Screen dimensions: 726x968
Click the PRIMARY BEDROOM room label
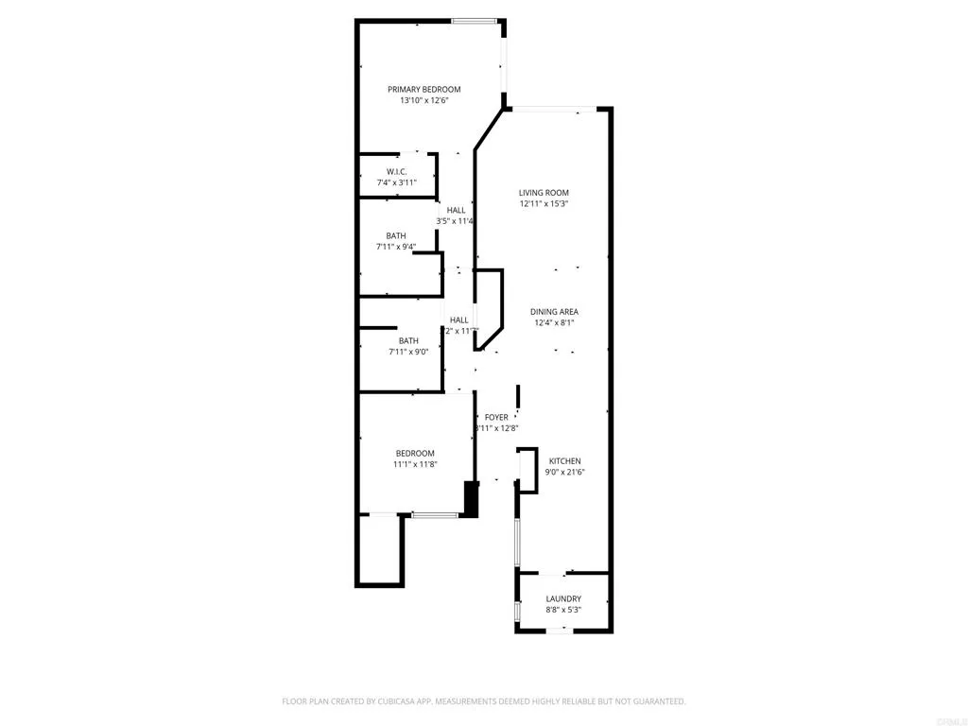point(423,89)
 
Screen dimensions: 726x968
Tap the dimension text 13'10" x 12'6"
point(423,100)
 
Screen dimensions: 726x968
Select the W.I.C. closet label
point(396,171)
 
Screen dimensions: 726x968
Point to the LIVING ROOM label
point(544,192)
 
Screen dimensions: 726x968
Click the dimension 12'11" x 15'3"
point(544,203)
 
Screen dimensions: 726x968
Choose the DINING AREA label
point(554,311)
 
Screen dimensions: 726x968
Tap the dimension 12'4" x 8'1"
point(554,322)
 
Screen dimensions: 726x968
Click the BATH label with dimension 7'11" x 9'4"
point(396,235)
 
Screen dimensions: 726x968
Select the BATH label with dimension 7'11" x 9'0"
point(408,340)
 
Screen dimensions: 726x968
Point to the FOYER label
point(496,417)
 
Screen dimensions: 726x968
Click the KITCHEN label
point(564,460)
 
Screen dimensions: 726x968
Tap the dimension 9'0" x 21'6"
point(564,472)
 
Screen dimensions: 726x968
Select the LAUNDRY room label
point(563,598)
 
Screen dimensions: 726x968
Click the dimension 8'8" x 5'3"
point(563,610)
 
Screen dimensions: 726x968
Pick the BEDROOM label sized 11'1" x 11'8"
point(415,453)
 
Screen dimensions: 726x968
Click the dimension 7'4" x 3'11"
point(396,182)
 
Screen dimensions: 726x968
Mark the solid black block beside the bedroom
point(471,499)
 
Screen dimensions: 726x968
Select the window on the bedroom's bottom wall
point(436,515)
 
